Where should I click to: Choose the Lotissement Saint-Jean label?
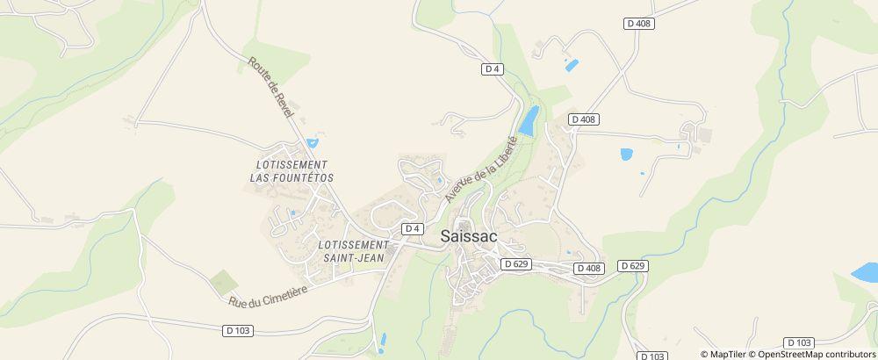[x=354, y=250]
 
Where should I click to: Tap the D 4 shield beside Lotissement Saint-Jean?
[x=413, y=228]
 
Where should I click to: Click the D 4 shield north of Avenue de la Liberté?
[x=492, y=69]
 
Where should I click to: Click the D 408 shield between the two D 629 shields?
[x=590, y=268]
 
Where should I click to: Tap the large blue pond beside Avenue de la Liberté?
[x=529, y=121]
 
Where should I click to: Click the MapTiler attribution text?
[x=727, y=354]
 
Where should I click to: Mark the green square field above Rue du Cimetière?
[x=223, y=282]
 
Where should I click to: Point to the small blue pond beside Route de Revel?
[x=312, y=142]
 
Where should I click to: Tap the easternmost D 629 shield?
[x=632, y=265]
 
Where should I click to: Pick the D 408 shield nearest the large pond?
[x=583, y=119]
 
